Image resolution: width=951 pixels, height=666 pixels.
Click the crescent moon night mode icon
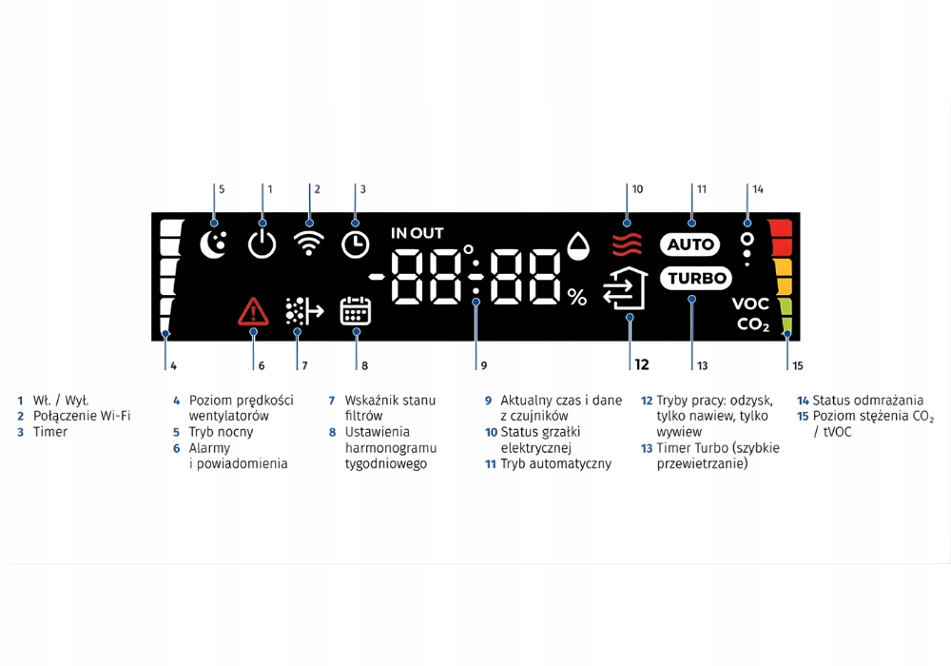point(214,245)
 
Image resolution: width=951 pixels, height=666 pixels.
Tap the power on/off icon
point(262,245)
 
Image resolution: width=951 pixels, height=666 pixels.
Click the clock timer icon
point(356,245)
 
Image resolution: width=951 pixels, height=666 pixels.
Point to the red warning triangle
point(253,311)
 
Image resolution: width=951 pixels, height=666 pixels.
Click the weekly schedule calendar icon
point(356,311)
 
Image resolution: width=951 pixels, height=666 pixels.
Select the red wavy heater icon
point(627,245)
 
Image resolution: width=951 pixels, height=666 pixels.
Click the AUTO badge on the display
point(690,245)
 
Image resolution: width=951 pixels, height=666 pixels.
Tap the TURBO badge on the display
point(695,279)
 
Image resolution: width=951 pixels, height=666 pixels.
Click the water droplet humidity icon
point(578,246)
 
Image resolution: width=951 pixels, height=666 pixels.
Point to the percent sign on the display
point(577,298)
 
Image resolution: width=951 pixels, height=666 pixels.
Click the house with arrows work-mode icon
point(627,290)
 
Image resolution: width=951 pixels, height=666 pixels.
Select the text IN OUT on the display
point(417,233)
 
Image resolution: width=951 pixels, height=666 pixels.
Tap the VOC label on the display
point(750,304)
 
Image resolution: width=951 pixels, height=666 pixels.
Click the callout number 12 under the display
point(642,364)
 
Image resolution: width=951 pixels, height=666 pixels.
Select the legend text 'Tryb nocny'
point(221,432)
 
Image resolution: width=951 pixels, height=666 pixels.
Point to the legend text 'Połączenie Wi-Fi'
point(82,416)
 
